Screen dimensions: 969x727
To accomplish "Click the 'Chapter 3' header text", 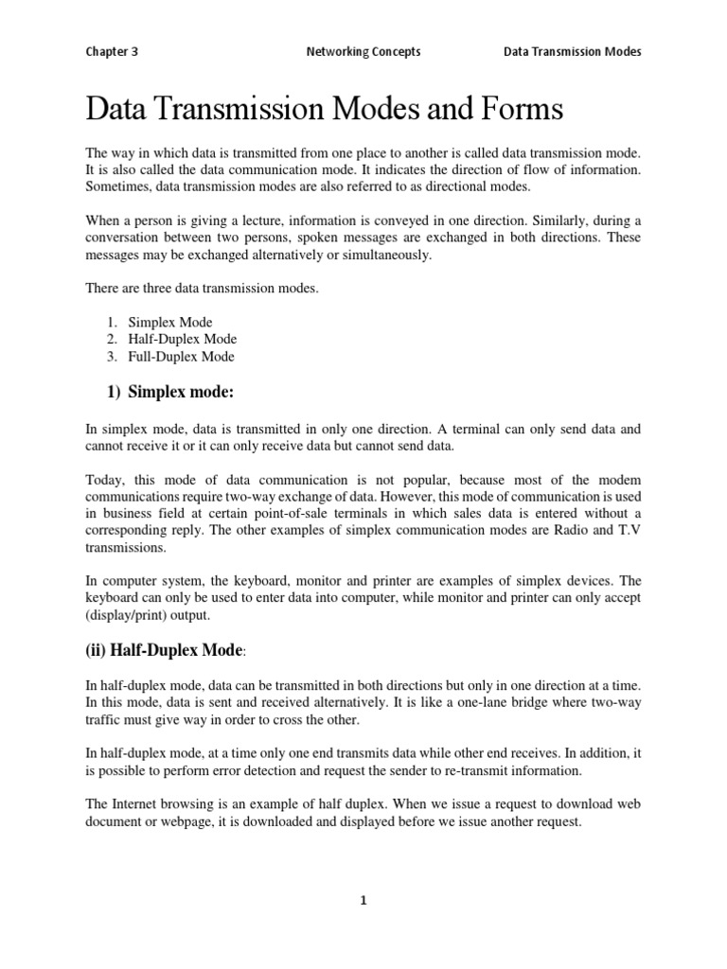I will click(112, 52).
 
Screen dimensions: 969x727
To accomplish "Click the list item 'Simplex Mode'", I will click(170, 323).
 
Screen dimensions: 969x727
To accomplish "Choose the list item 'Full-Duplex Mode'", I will click(182, 357).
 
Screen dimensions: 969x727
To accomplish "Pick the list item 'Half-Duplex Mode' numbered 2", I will click(183, 340).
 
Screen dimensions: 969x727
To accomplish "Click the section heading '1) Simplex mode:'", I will click(167, 392).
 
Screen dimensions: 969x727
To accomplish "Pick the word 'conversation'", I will click(123, 238).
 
